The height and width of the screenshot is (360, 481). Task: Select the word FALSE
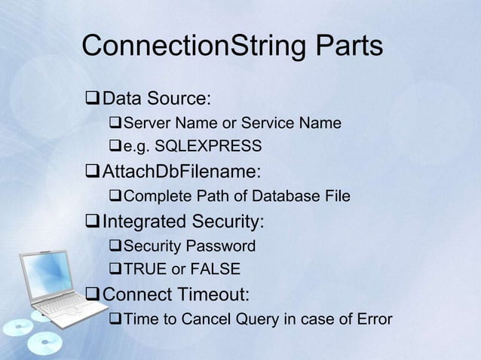tap(213, 270)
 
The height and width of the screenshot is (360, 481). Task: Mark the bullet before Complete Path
tap(115, 197)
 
